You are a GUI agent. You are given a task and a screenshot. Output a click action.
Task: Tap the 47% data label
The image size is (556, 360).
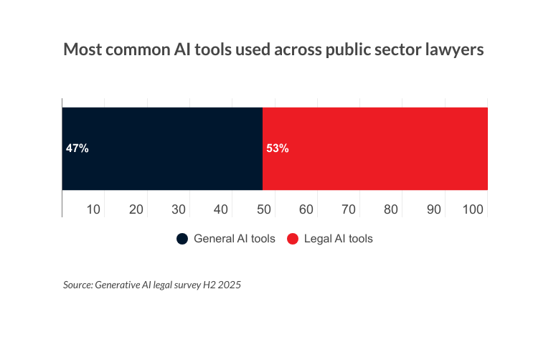point(77,149)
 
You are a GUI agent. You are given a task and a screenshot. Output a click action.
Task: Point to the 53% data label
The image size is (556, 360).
point(277,149)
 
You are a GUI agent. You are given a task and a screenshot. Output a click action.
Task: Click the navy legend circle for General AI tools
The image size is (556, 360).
point(182,239)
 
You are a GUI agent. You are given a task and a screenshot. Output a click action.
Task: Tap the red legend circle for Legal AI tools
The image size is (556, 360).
point(293,239)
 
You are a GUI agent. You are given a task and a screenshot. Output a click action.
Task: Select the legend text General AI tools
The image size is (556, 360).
point(235,239)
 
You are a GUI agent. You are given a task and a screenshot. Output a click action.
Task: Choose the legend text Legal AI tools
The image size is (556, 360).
point(339,239)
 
